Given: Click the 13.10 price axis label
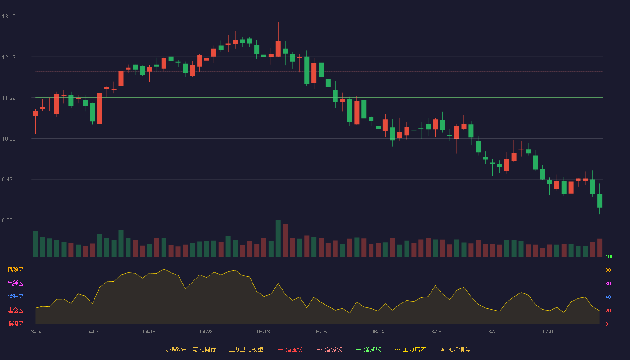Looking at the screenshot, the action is pyautogui.click(x=9, y=17).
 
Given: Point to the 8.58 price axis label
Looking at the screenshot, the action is pyautogui.click(x=7, y=220).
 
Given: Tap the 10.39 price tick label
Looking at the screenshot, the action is pyautogui.click(x=9, y=139).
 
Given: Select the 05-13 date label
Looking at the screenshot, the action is pyautogui.click(x=263, y=332).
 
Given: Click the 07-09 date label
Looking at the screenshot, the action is pyautogui.click(x=549, y=332).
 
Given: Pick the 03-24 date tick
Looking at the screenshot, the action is pyautogui.click(x=35, y=332).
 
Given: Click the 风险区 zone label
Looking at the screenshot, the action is pyautogui.click(x=15, y=270).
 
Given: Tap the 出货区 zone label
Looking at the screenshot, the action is pyautogui.click(x=15, y=283).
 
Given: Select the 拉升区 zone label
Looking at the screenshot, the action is pyautogui.click(x=15, y=297).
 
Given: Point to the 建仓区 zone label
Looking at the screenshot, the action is pyautogui.click(x=15, y=310).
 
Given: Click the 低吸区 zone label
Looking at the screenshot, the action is pyautogui.click(x=15, y=324).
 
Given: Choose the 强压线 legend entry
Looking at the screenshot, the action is pyautogui.click(x=290, y=349).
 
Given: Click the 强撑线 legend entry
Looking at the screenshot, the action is pyautogui.click(x=369, y=349).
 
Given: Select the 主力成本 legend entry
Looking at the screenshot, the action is pyautogui.click(x=410, y=349).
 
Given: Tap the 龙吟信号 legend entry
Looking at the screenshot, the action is pyautogui.click(x=455, y=349).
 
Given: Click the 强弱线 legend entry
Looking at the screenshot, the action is pyautogui.click(x=329, y=349).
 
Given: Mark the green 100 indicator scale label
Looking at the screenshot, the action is pyautogui.click(x=609, y=256).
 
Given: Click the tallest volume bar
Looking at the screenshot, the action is pyautogui.click(x=278, y=238).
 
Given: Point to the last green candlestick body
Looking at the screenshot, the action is pyautogui.click(x=599, y=201).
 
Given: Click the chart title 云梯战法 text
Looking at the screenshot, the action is pyautogui.click(x=175, y=349).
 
